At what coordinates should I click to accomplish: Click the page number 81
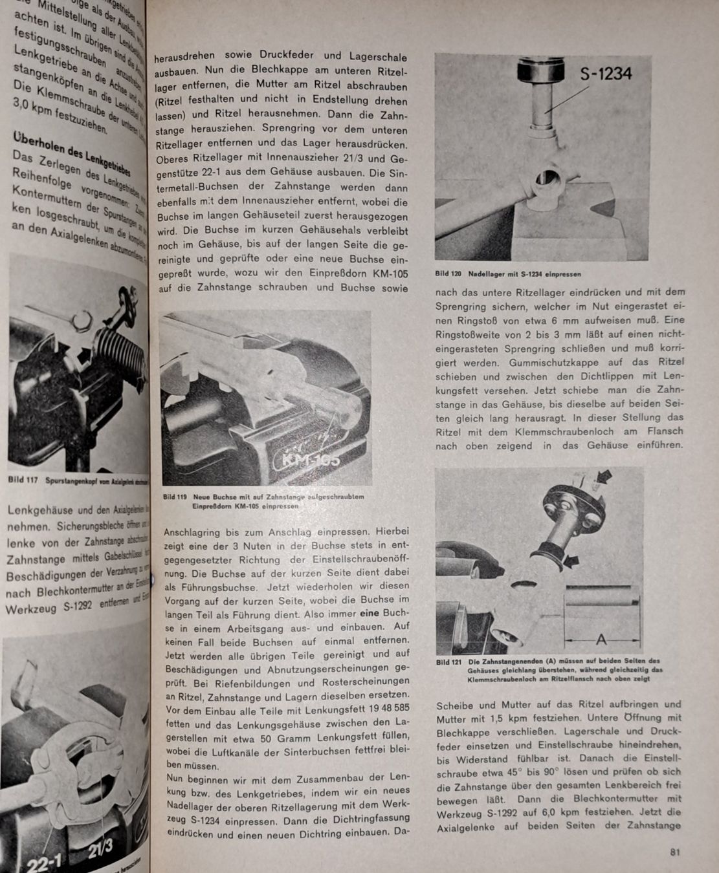(674, 852)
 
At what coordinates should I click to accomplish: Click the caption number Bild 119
(175, 497)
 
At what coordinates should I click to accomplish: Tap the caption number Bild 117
(23, 479)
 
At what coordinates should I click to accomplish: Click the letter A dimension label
(601, 640)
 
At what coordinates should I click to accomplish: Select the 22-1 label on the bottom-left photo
(44, 863)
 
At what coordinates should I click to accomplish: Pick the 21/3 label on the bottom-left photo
(100, 848)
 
